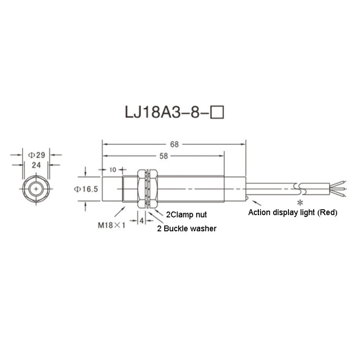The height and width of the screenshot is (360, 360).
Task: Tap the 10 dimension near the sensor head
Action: (113, 170)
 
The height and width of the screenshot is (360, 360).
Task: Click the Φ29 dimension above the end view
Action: (36, 155)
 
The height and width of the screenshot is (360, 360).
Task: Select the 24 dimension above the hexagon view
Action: (36, 164)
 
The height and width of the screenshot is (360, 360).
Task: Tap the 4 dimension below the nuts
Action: (142, 220)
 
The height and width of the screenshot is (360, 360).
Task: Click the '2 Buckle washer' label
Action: (187, 229)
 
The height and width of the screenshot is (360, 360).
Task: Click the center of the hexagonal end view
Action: (36, 189)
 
